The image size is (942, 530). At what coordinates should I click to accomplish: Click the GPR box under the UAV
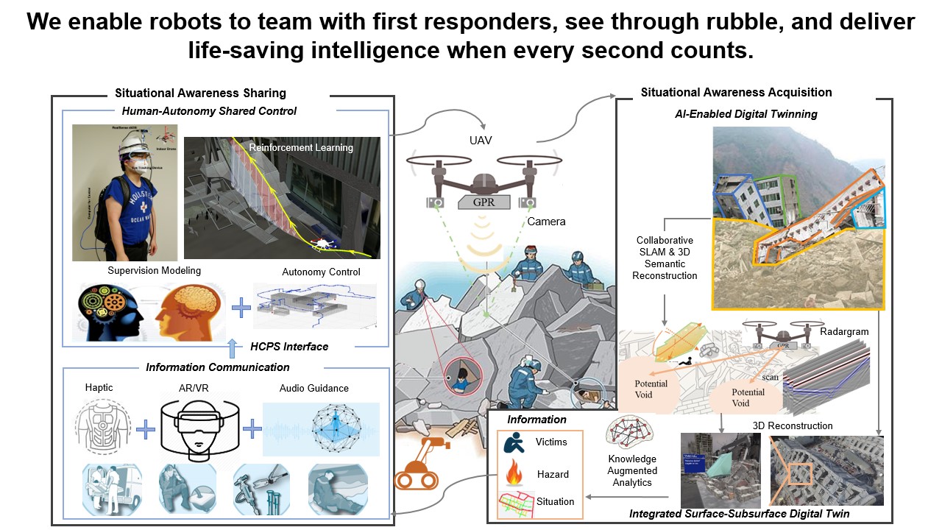tap(483, 201)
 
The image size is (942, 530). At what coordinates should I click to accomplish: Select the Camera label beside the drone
tap(546, 221)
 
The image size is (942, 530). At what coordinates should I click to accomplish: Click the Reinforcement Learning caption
tap(300, 147)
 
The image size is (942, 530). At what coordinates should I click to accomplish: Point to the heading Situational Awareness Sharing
tap(200, 93)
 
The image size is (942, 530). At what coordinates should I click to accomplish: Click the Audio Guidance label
tap(314, 388)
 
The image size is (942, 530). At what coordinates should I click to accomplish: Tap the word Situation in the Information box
tap(555, 501)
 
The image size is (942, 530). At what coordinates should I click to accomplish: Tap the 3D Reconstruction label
tap(792, 425)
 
